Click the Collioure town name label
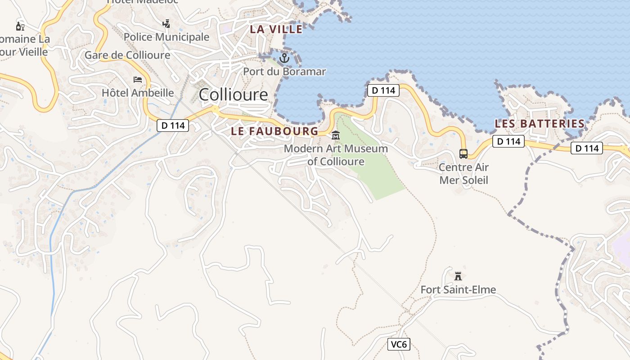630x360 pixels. point(233,95)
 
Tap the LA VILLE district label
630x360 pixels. point(276,29)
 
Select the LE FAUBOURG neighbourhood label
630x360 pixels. point(274,131)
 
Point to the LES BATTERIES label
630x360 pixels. point(540,124)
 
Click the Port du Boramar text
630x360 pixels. point(284,72)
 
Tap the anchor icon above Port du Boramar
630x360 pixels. point(284,58)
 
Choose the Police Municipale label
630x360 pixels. point(166,37)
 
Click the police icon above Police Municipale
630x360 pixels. point(166,23)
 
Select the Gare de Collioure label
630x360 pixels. point(127,55)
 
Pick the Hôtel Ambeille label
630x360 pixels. point(138,93)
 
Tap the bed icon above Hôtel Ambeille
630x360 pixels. point(138,80)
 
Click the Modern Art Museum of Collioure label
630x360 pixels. point(336,154)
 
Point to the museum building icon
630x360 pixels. point(336,135)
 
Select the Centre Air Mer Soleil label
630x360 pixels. point(463,174)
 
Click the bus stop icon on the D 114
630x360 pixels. point(463,153)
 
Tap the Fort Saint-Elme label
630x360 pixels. point(458,289)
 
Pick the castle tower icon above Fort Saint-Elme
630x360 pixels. point(458,276)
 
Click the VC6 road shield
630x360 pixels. point(399,345)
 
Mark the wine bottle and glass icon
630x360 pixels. point(20,26)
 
